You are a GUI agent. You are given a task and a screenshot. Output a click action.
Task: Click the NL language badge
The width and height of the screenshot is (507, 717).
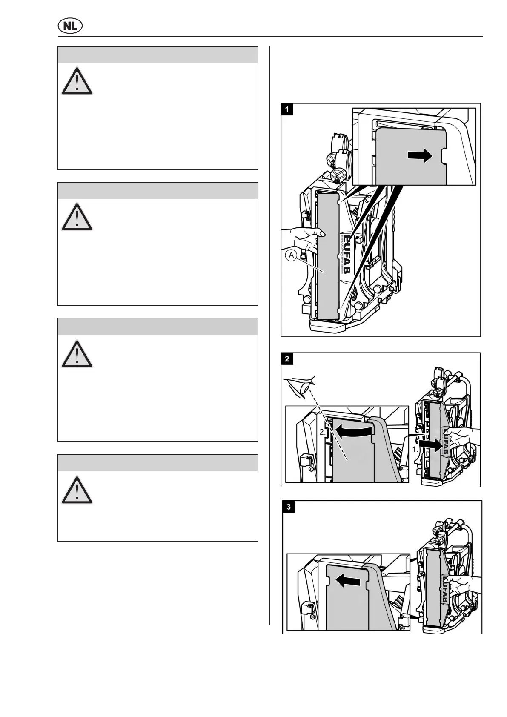tap(70, 26)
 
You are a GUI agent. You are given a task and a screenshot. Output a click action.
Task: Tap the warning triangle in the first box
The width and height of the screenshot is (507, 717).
tap(77, 81)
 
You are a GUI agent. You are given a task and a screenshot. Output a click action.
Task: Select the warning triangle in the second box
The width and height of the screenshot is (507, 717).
tap(77, 217)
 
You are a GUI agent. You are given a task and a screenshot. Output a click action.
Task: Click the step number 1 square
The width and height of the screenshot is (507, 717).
tap(287, 109)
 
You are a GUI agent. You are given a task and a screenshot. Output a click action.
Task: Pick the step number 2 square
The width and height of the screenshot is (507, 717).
tap(287, 358)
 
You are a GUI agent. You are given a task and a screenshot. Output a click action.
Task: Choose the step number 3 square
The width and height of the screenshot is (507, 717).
tap(289, 507)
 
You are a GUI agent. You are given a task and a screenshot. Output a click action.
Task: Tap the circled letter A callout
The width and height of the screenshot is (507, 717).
tap(291, 255)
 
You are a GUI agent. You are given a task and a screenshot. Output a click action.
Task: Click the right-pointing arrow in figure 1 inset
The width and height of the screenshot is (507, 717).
tap(420, 156)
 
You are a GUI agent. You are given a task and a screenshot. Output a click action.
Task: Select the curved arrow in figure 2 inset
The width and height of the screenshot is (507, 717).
tap(353, 432)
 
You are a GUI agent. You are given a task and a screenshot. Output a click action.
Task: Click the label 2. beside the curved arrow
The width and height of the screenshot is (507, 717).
tap(323, 432)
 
